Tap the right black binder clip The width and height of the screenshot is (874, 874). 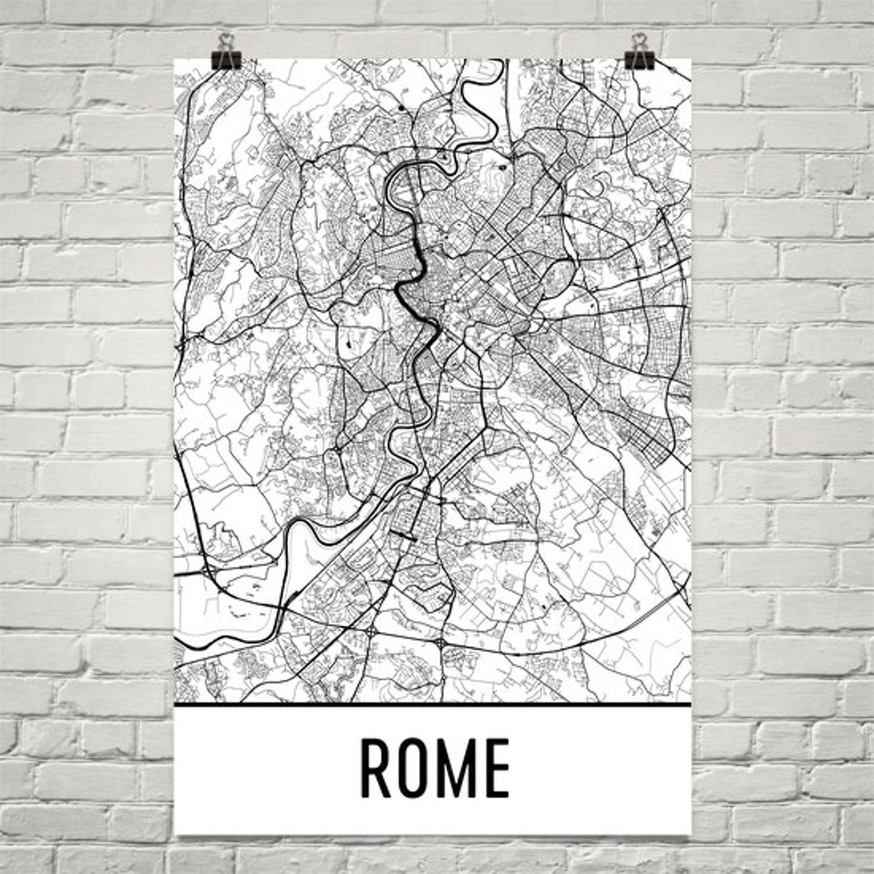pyautogui.click(x=639, y=58)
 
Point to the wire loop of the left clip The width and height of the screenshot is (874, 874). pyautogui.click(x=225, y=40)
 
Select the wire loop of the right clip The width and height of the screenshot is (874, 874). pyautogui.click(x=639, y=40)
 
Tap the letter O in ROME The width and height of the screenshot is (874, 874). pyautogui.click(x=417, y=768)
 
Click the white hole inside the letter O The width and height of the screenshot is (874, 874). pyautogui.click(x=417, y=768)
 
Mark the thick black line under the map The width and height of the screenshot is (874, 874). pyautogui.click(x=433, y=704)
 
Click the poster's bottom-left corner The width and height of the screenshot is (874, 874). pyautogui.click(x=176, y=834)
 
